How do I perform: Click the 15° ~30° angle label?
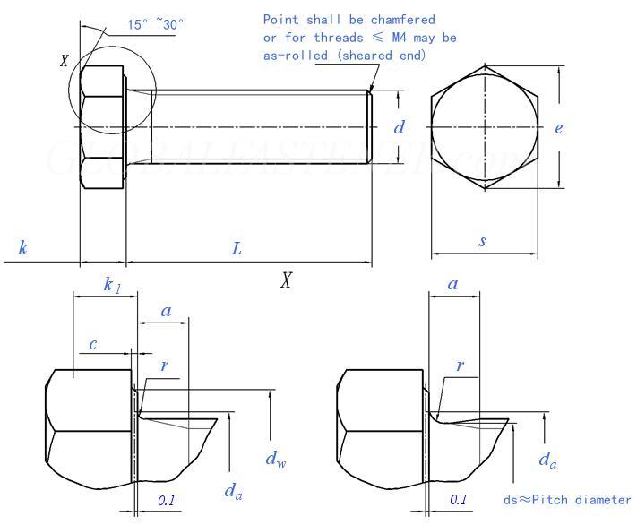[155, 24]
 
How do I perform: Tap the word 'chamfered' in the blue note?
[402, 20]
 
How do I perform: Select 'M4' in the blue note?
[399, 38]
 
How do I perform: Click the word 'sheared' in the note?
[367, 56]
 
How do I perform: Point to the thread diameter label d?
[399, 127]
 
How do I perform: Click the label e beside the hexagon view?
[559, 128]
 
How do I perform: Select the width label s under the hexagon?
[482, 241]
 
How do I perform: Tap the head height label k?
[23, 246]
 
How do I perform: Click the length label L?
[237, 248]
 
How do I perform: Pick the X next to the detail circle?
[65, 61]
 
